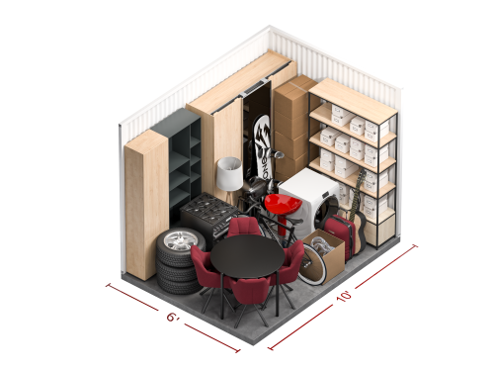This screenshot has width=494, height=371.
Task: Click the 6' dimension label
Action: [x=173, y=318]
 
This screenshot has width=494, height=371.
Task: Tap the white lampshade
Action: [x=229, y=173]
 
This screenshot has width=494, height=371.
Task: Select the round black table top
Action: [x=247, y=256]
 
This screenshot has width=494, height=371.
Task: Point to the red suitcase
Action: [x=339, y=232]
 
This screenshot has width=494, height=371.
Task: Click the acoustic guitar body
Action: [x=359, y=232]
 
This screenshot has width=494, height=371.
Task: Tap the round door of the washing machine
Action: [x=324, y=212]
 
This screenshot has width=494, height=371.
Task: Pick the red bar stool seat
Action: [x=283, y=203]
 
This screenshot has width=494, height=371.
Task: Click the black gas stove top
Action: [x=209, y=207]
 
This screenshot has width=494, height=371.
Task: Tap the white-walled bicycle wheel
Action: [x=312, y=263]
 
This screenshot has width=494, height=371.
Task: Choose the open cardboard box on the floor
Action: [x=324, y=255]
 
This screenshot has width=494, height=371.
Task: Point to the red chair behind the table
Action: [x=244, y=228]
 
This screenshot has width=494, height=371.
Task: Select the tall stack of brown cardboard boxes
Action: [x=290, y=127]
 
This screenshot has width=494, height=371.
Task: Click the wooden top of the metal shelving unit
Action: [x=353, y=95]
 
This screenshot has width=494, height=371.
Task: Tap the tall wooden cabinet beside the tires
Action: [x=146, y=205]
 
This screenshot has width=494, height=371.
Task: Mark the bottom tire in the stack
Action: [x=179, y=283]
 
